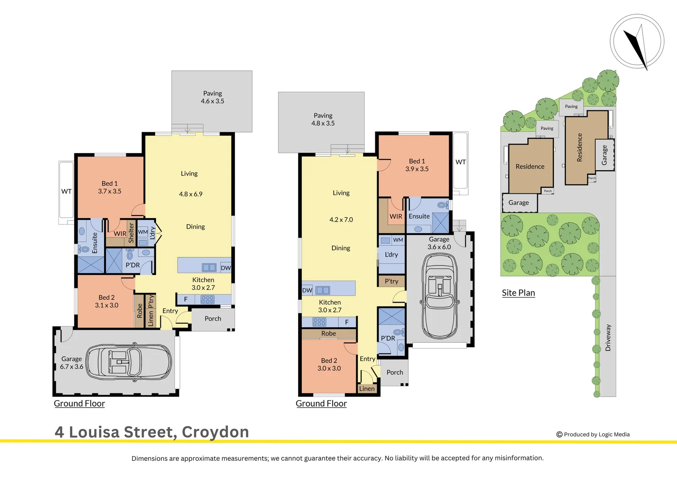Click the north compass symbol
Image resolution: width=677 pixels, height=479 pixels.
637,42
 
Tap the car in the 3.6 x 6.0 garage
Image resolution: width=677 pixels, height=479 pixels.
440,296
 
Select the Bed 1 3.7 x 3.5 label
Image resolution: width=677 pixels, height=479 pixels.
109,187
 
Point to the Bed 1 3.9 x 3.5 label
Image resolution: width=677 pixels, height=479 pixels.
417,165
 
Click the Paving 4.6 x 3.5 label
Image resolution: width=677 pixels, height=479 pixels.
213,97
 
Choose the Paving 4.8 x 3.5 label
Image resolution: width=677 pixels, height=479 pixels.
323,119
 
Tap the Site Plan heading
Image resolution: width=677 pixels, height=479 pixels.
518,293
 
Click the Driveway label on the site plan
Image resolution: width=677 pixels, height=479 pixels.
608,338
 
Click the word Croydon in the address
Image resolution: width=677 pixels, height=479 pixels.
215,432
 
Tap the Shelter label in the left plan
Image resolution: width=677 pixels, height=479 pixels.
131,233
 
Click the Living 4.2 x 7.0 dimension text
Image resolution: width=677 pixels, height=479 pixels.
341,220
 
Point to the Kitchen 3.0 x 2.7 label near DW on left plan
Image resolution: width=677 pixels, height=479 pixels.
203,284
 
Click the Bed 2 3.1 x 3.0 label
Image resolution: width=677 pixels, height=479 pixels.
106,301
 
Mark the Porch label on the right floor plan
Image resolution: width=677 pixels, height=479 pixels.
395,373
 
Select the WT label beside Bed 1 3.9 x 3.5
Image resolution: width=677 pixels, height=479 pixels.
461,162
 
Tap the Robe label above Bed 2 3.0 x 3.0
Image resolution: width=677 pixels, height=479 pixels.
329,334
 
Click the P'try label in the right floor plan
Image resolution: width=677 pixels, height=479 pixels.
392,281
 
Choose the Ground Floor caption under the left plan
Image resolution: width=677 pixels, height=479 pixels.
79,404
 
